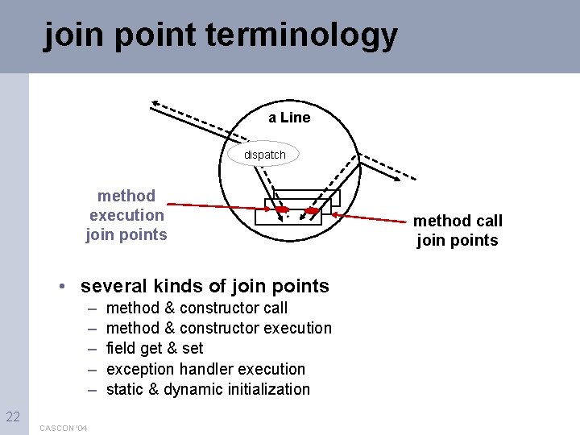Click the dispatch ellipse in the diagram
265,154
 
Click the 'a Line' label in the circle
289,118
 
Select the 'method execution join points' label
126,215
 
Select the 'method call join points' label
458,230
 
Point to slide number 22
13,416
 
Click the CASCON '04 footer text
64,427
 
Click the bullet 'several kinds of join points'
205,286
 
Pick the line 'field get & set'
155,348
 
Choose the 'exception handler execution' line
205,369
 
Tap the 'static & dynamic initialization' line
208,389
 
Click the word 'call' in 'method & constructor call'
275,308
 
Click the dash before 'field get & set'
93,348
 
